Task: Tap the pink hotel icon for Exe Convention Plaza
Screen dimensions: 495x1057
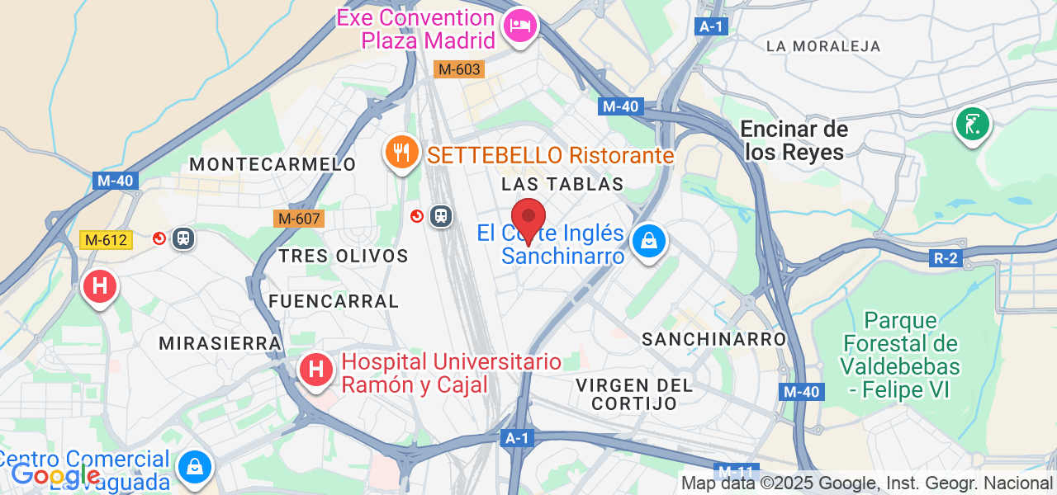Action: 519,25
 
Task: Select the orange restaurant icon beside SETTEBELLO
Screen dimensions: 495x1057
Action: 401,152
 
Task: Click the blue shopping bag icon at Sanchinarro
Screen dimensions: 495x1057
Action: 649,241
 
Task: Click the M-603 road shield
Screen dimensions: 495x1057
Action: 459,69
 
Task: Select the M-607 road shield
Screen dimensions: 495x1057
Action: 299,219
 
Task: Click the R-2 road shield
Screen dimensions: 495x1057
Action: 946,258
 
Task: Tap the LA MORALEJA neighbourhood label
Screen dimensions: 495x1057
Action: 823,46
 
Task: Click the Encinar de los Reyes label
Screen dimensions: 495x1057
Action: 794,140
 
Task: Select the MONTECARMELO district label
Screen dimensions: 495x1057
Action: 273,164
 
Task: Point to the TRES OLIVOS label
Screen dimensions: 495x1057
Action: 344,256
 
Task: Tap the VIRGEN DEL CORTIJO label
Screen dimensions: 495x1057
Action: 634,394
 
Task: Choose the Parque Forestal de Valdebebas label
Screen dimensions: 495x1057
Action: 901,355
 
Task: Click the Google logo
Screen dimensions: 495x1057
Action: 55,474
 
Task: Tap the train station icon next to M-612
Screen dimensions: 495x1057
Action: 182,238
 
